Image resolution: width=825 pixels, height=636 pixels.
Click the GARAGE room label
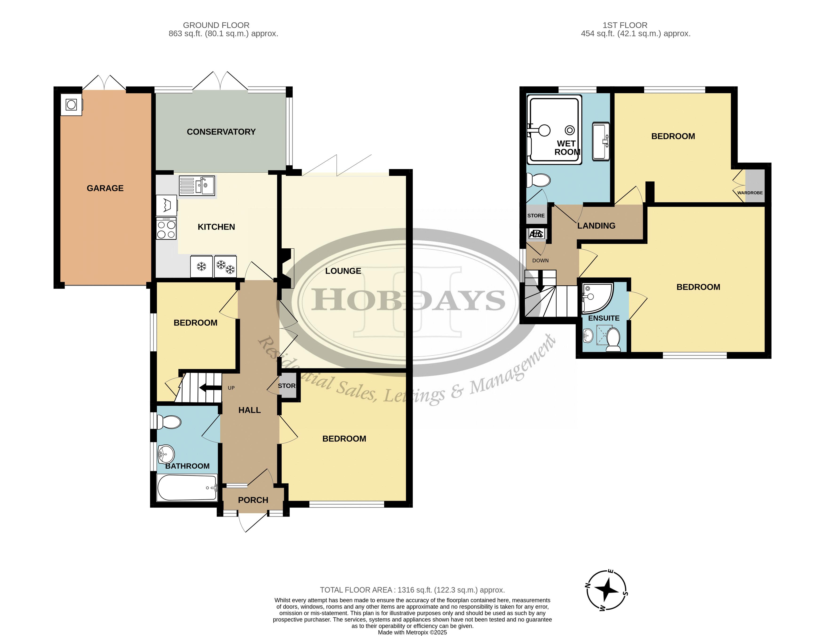[x=105, y=188]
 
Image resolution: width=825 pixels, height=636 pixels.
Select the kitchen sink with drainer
[x=197, y=186]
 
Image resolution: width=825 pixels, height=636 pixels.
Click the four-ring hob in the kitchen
[x=166, y=229]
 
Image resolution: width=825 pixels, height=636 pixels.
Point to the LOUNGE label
[x=343, y=271]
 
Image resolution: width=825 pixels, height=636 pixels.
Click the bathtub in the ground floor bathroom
[x=187, y=488]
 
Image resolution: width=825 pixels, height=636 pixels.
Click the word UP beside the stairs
[x=231, y=388]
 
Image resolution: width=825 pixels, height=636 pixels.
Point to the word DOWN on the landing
[x=540, y=261]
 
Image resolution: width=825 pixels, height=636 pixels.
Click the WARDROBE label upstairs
[x=750, y=193]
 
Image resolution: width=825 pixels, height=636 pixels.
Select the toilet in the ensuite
[x=613, y=340]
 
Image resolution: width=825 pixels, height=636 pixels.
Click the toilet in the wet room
[x=539, y=180]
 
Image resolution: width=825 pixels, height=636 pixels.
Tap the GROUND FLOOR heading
[x=216, y=25]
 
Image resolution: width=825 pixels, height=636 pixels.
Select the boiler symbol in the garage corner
[x=71, y=104]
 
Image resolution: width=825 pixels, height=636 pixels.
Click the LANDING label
[x=596, y=226]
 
